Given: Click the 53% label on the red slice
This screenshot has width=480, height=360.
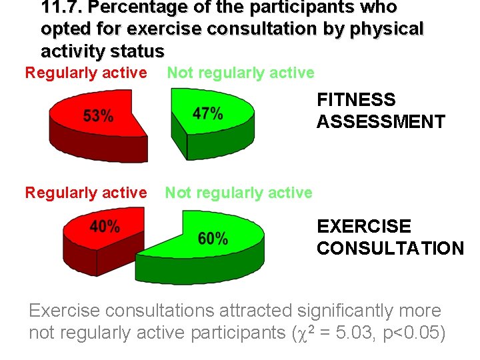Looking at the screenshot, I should (98, 116).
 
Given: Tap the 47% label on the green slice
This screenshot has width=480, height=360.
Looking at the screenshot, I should (207, 113).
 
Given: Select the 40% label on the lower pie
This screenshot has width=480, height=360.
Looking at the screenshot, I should (105, 227).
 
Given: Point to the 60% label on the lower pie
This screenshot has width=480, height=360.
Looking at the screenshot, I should (213, 238).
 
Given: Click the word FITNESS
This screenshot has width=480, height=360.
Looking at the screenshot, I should (356, 100).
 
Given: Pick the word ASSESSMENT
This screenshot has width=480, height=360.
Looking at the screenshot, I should (381, 122).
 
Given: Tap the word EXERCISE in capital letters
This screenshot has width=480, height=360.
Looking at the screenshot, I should (364, 227).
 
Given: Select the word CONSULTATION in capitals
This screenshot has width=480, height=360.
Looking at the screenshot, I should (390, 249).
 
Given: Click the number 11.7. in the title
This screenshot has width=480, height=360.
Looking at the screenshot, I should (63, 8).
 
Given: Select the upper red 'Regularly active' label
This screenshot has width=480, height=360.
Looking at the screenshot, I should (85, 73).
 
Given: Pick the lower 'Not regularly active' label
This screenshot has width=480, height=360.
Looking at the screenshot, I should (239, 193).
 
